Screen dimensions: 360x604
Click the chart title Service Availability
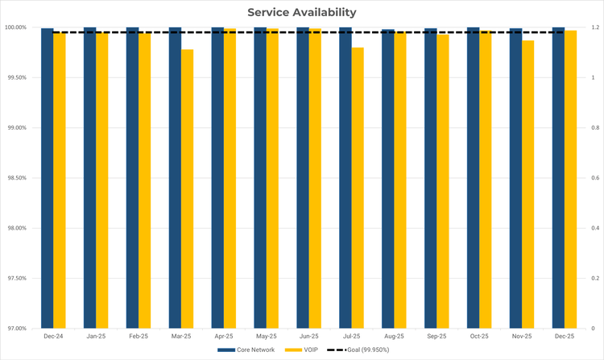[x=301, y=12]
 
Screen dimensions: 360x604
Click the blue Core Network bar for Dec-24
[x=48, y=178]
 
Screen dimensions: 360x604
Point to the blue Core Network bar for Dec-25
[x=558, y=178]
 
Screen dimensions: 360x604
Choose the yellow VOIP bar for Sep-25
[x=443, y=181]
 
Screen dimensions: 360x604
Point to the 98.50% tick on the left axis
[x=16, y=178]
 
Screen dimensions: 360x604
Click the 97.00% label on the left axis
[x=16, y=329]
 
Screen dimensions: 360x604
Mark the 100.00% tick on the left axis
[x=15, y=28]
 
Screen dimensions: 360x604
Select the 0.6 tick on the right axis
[x=594, y=178]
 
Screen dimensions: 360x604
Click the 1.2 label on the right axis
[x=594, y=28]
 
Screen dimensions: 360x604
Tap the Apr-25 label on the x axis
[x=224, y=336]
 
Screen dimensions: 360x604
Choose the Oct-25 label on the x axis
[x=479, y=336]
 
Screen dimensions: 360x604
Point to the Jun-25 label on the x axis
[x=309, y=336]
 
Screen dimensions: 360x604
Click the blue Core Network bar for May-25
[x=260, y=178]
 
